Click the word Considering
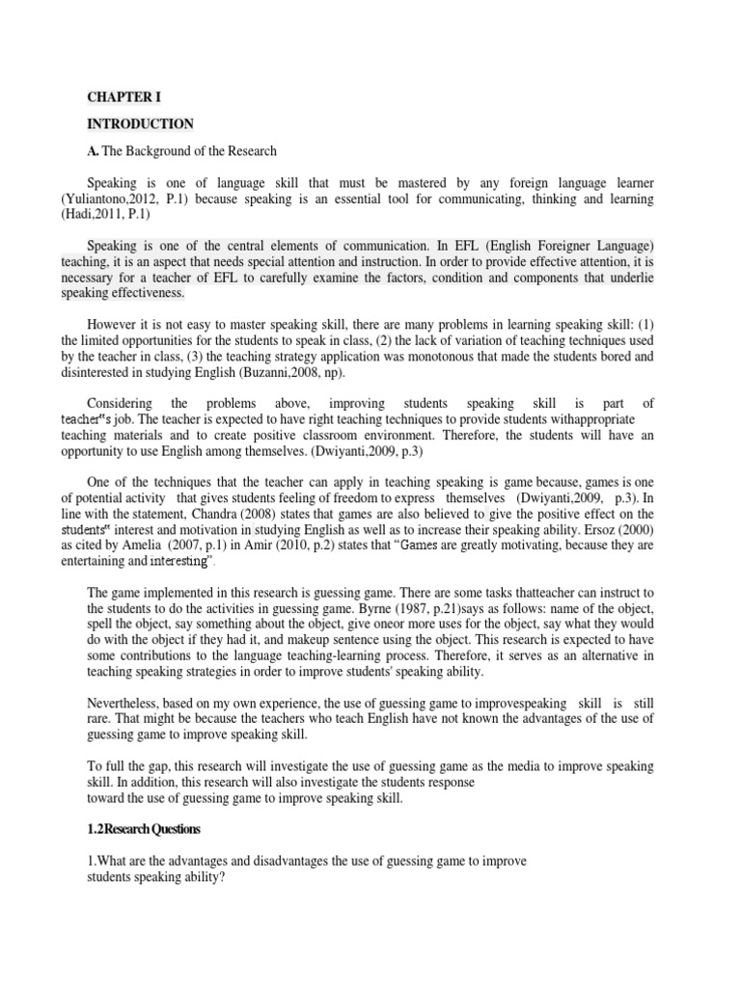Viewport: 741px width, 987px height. point(122,403)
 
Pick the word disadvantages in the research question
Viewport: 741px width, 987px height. point(269,861)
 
